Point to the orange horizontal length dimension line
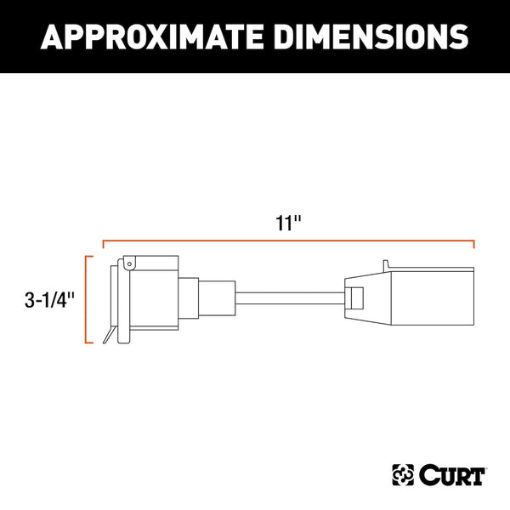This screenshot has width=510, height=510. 289,242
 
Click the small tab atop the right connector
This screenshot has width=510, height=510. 387,264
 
